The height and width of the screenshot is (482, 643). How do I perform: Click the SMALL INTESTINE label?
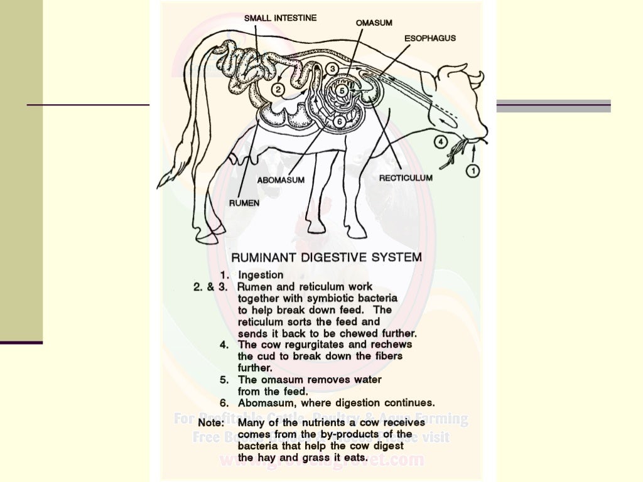click(280, 18)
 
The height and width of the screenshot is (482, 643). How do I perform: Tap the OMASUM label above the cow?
click(374, 23)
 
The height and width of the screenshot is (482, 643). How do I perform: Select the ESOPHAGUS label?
click(430, 38)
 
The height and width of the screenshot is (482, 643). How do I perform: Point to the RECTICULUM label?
click(406, 178)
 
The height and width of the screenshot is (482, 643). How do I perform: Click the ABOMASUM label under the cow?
click(281, 180)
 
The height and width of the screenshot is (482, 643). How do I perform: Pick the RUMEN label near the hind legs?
click(244, 203)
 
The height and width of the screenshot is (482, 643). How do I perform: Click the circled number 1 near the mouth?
click(473, 169)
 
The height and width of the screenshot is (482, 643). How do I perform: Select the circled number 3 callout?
click(333, 68)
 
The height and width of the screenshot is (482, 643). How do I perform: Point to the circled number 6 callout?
click(338, 121)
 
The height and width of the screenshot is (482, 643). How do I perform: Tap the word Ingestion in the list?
click(261, 275)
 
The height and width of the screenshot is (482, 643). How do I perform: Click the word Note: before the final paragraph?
click(211, 423)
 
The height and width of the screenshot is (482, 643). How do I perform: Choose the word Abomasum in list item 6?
click(264, 402)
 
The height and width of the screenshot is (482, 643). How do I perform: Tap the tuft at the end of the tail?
click(168, 178)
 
